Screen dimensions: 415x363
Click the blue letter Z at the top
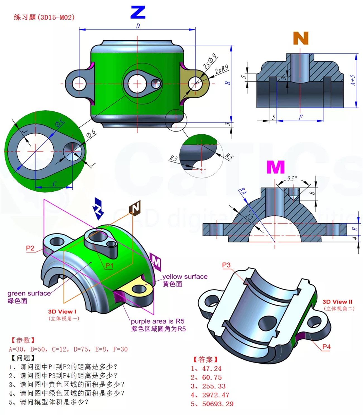(x=138, y=13)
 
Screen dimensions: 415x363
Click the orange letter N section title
(x=300, y=38)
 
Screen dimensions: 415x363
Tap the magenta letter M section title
(x=275, y=167)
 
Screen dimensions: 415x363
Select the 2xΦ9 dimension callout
(x=210, y=61)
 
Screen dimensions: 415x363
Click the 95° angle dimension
(x=292, y=178)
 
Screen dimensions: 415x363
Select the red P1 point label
(x=109, y=266)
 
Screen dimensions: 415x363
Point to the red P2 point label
(x=30, y=248)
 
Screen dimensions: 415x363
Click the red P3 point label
(x=226, y=265)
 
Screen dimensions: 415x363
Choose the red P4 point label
(x=326, y=347)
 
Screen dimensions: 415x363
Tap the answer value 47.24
(x=212, y=368)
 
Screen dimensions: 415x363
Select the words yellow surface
(x=185, y=276)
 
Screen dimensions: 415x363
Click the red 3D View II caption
(x=337, y=302)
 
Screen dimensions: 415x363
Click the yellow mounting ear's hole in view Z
(x=195, y=84)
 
